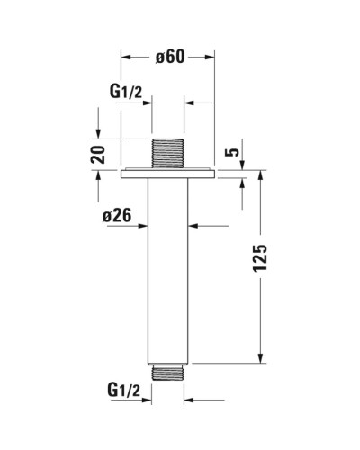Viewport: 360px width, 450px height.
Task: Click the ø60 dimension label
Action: pyautogui.click(x=169, y=56)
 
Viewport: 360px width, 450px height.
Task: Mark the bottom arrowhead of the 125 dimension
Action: pyautogui.click(x=261, y=357)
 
